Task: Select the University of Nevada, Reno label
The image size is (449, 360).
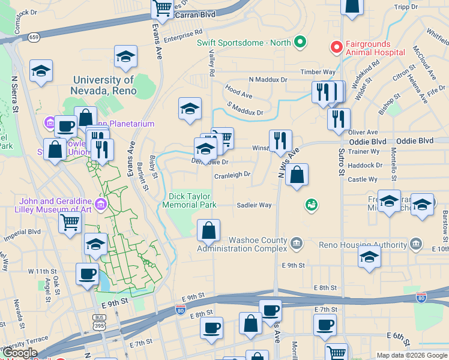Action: [104, 85]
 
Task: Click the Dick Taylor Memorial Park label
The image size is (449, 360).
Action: [189, 200]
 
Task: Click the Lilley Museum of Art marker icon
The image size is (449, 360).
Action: [100, 205]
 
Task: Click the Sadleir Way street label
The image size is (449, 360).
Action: [254, 205]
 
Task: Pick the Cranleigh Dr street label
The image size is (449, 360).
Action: [232, 175]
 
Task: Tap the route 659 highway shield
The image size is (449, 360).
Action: [34, 37]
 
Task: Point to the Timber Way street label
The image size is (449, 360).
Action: [318, 72]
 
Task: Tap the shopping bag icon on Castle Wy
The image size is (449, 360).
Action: [297, 175]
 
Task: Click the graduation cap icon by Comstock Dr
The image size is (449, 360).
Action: [41, 71]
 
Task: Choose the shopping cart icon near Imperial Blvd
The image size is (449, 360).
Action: [70, 222]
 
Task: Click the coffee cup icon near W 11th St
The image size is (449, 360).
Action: [87, 274]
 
